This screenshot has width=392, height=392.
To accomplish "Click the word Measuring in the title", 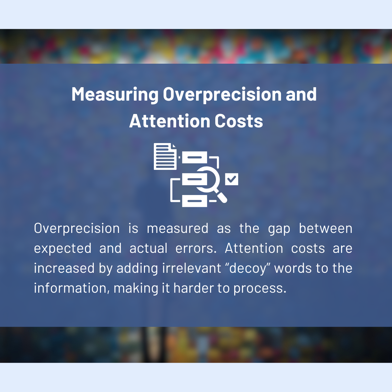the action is click(115, 94).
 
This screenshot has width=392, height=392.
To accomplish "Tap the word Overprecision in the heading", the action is click(222, 94).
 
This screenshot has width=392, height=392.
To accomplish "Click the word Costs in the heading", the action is click(238, 121).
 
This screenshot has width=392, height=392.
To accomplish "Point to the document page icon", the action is click(165, 156).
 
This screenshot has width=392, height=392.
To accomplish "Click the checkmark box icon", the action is click(232, 179).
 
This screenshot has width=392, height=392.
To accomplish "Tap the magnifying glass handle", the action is click(221, 196).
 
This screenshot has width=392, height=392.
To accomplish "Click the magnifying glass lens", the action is click(207, 179).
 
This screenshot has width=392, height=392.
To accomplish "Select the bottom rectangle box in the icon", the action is click(194, 201).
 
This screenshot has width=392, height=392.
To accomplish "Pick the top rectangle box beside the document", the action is click(194, 157).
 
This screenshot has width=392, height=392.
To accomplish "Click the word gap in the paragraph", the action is click(279, 229).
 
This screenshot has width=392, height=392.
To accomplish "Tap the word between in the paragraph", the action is click(325, 228).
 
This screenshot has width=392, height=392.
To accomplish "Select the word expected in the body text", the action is click(63, 249).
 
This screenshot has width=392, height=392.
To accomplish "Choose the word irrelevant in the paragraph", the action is click(191, 268).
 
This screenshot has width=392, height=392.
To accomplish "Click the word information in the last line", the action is click(70, 288).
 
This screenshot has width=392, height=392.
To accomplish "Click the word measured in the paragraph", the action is click(178, 228).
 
